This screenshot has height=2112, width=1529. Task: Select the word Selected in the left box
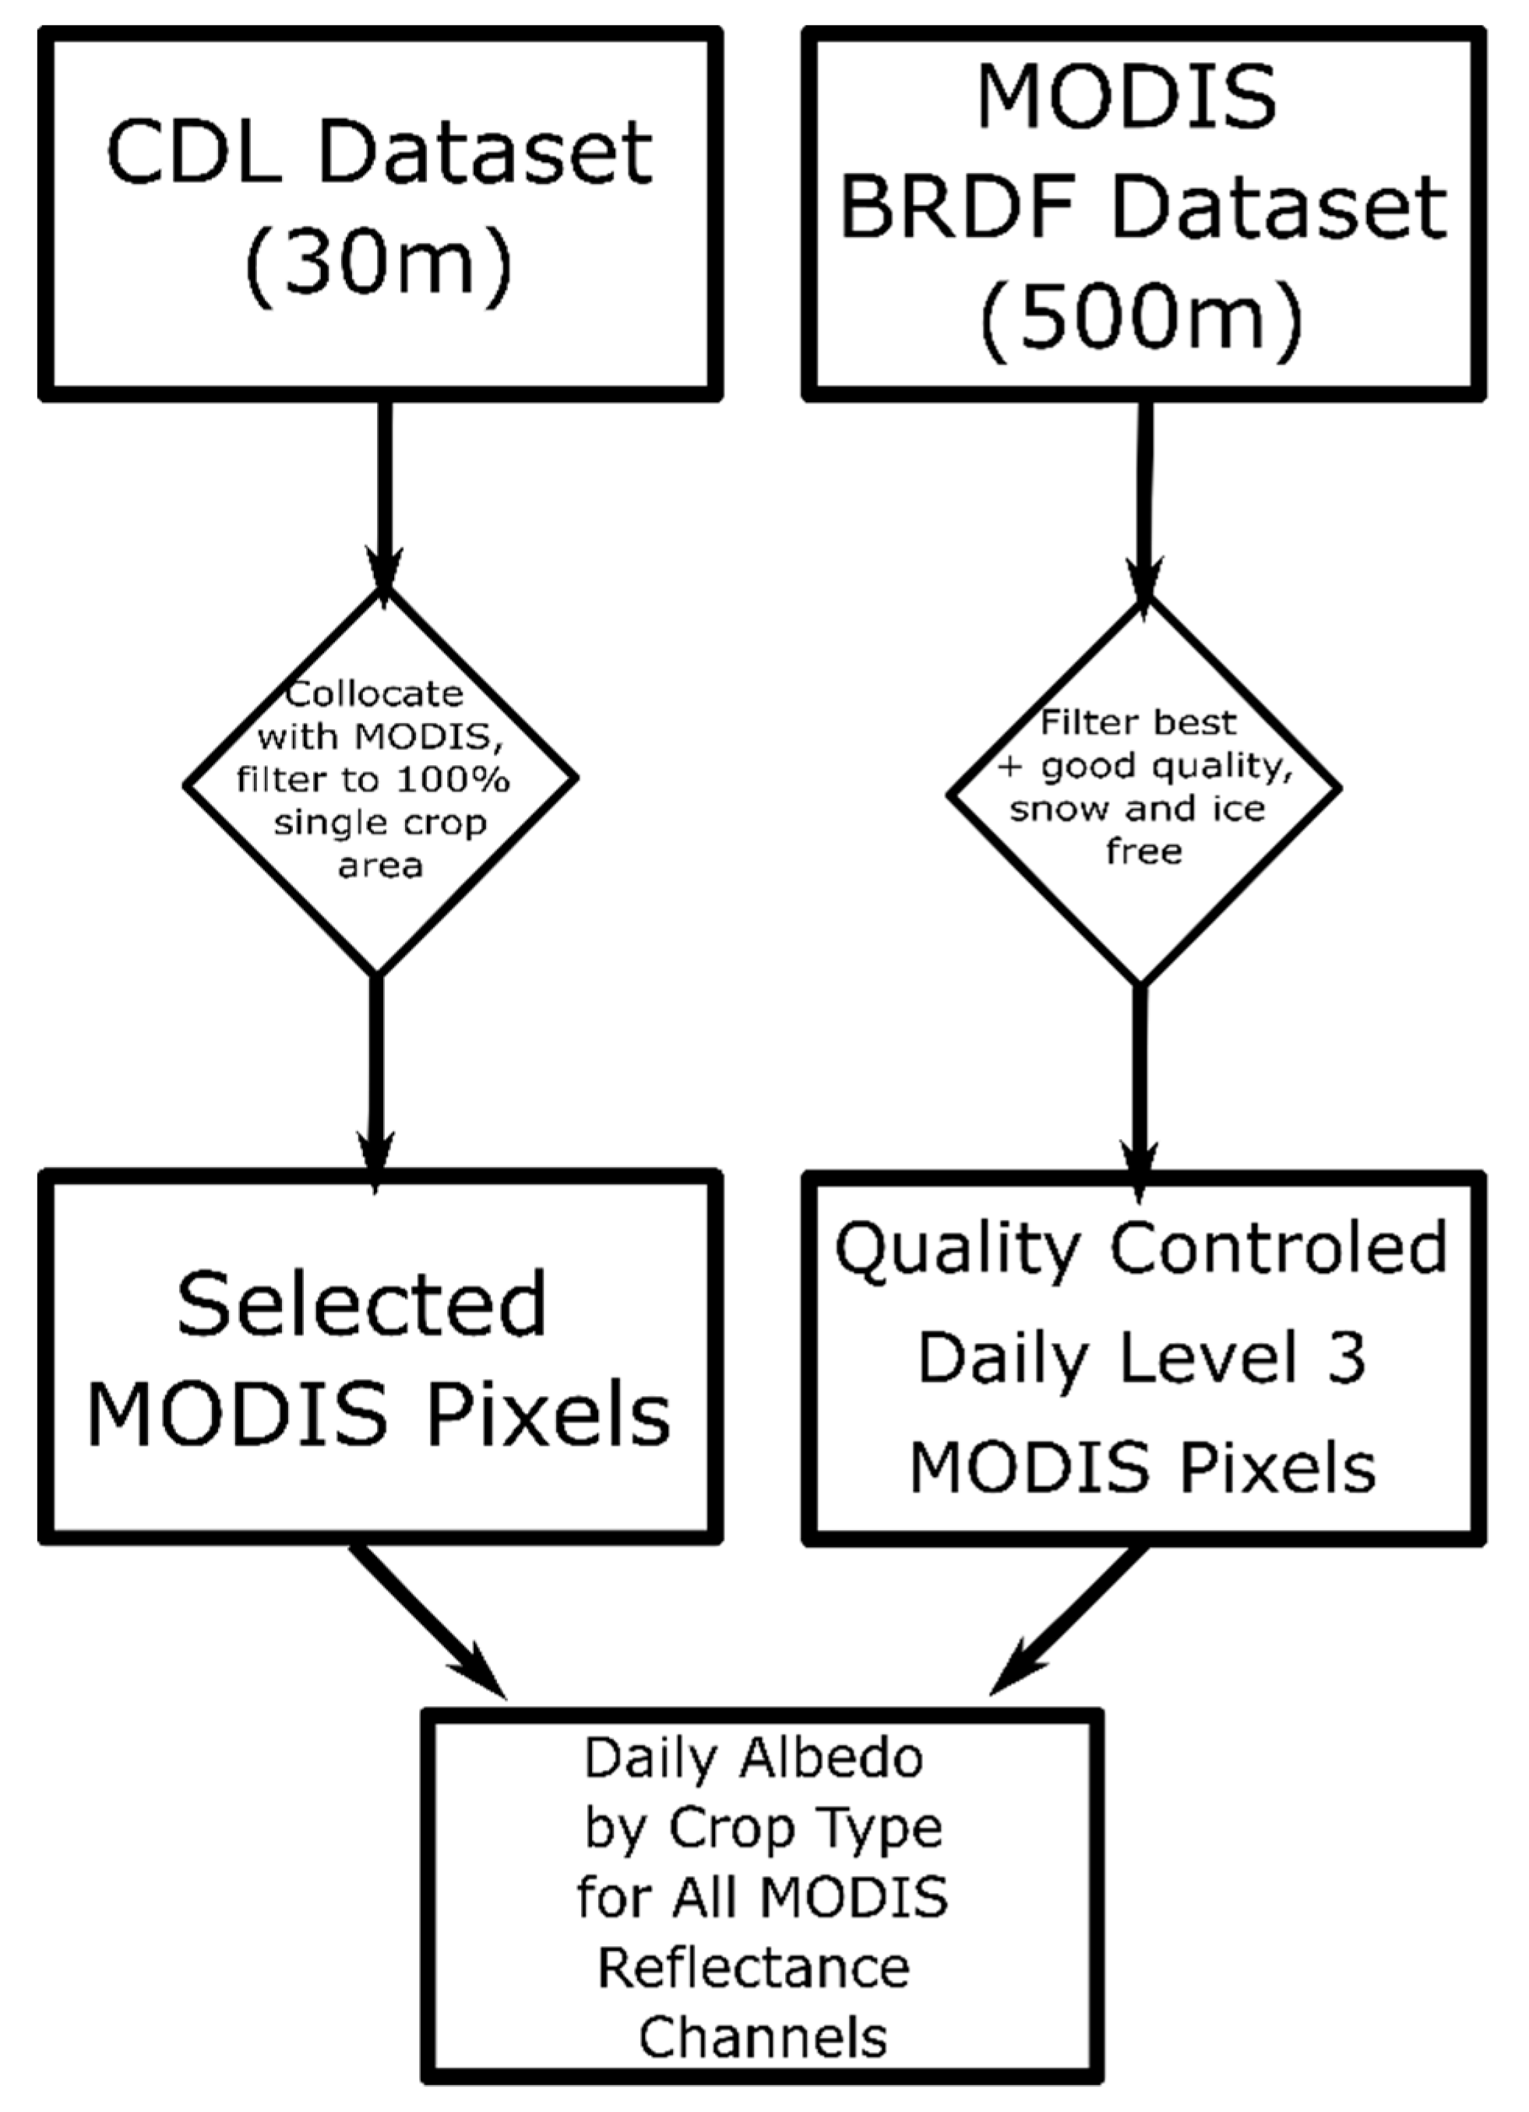tap(361, 1306)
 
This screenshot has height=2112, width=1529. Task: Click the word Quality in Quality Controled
tap(958, 1250)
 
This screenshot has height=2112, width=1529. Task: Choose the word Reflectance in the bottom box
tap(753, 1968)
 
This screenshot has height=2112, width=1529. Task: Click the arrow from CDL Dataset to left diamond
tap(384, 494)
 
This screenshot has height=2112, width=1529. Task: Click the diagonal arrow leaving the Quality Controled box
tap(1071, 1616)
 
